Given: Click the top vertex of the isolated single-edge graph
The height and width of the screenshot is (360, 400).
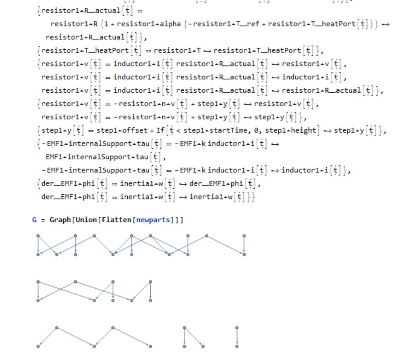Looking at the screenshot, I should point(237,327).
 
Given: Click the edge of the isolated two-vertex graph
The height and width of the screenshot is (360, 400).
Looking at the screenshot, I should point(237,337).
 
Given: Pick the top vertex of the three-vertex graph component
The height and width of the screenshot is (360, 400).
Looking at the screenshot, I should point(184,327).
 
